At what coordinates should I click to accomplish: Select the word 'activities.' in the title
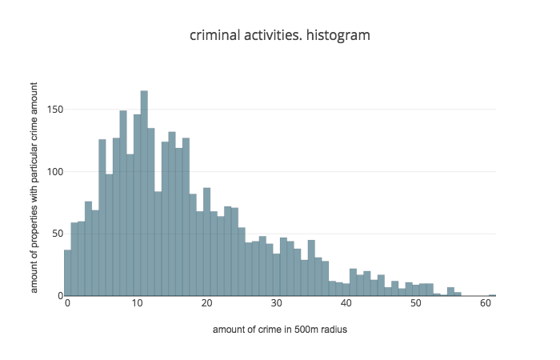(274, 36)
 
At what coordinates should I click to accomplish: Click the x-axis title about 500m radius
(280, 330)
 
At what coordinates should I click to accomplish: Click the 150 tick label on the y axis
(54, 110)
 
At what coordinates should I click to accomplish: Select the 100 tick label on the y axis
(54, 171)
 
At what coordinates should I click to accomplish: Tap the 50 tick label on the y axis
(57, 234)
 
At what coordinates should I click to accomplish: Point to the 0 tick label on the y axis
(59, 295)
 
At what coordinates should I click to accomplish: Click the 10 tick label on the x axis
(138, 305)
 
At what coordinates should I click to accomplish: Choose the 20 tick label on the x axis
(207, 305)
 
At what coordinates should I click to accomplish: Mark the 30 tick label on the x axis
(277, 305)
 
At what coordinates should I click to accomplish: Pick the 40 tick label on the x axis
(346, 305)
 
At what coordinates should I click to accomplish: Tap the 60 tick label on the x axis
(486, 305)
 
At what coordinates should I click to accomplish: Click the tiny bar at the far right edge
(493, 295)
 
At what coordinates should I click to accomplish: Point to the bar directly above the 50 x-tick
(416, 290)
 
